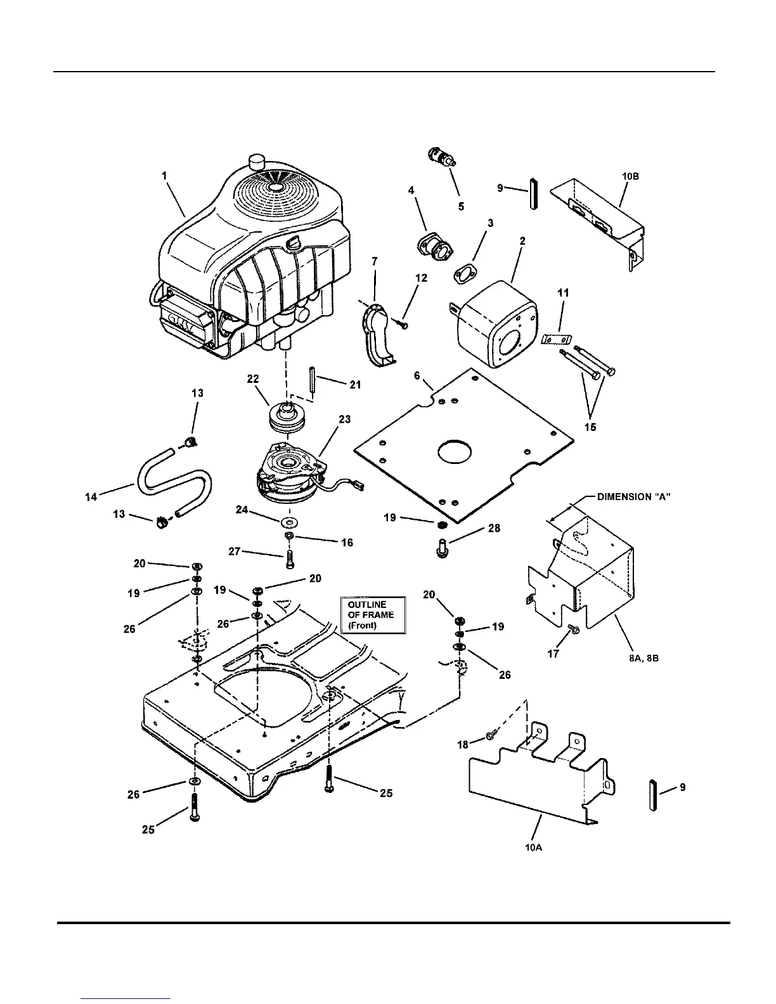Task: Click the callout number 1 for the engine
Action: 164,176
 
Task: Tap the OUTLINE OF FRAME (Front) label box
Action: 372,614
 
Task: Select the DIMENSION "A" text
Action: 633,498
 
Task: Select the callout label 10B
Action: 630,176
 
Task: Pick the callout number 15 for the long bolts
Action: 590,427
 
